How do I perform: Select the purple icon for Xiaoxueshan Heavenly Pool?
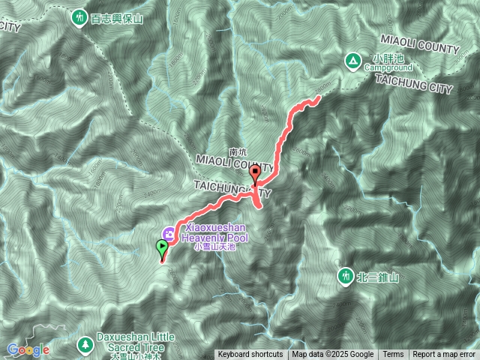click(x=169, y=233)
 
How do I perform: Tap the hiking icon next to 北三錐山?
click(x=346, y=277)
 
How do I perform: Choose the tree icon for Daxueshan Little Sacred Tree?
click(x=85, y=344)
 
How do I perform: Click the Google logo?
click(x=28, y=349)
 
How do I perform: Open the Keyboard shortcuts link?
click(x=250, y=355)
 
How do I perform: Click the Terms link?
click(x=393, y=355)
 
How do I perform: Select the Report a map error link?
click(x=444, y=355)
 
